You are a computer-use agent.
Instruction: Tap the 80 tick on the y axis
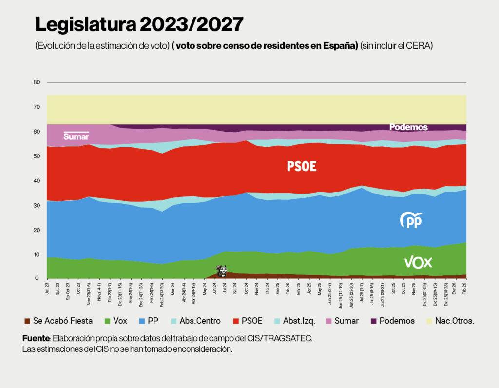click(x=37, y=82)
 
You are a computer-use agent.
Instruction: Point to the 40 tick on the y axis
click(x=37, y=181)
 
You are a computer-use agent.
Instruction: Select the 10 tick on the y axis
click(x=37, y=254)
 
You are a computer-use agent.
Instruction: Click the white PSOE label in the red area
click(x=302, y=167)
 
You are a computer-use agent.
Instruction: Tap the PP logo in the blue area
click(x=411, y=220)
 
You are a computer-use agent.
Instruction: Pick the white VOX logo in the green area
click(x=418, y=263)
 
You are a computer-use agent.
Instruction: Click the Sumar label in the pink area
click(x=76, y=136)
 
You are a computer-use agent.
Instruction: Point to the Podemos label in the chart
click(x=408, y=127)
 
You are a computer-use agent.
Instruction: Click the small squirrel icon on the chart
click(x=221, y=271)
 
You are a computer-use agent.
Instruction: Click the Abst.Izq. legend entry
click(x=297, y=321)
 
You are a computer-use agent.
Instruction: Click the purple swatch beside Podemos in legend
click(x=374, y=321)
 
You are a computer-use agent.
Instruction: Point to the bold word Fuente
click(x=36, y=338)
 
